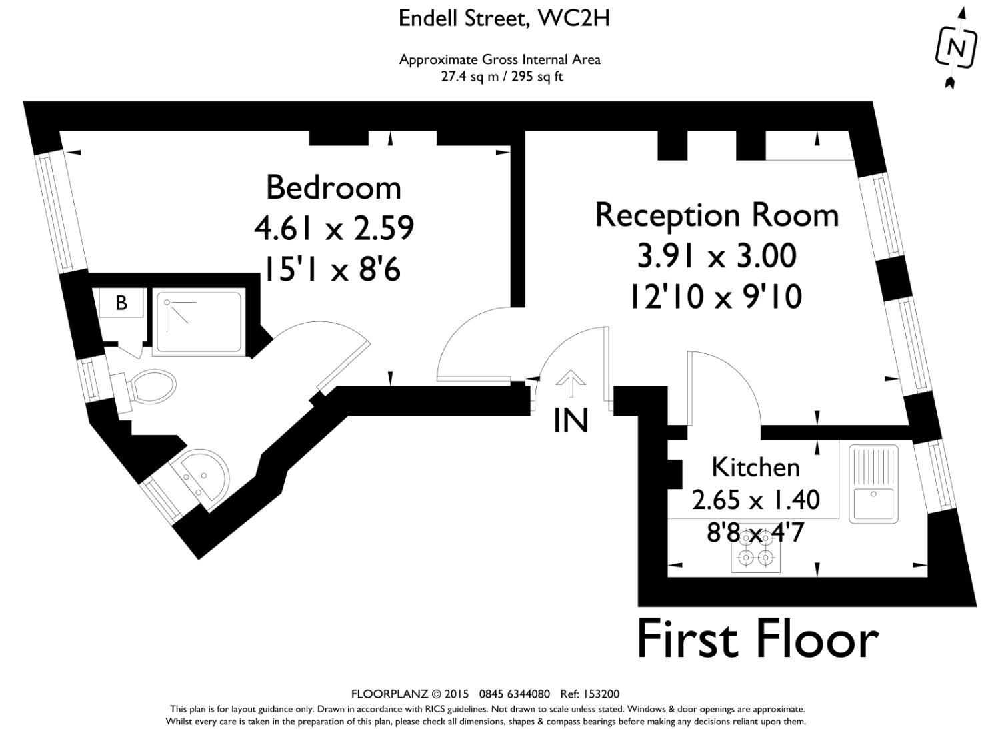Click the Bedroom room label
333,187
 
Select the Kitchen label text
755,468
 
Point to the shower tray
199,322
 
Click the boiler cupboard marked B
121,303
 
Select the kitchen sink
873,484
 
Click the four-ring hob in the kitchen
755,552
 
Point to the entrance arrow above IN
570,383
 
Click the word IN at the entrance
571,420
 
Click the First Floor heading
757,640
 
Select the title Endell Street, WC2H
504,19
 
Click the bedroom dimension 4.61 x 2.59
334,228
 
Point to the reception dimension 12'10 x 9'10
716,297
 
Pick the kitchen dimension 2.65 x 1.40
756,500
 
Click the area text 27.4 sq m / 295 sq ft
502,77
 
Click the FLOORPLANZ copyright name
390,694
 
